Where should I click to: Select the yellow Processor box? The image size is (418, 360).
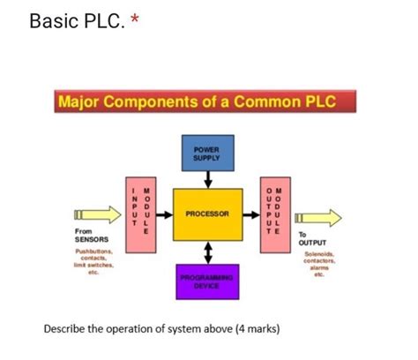click(208, 214)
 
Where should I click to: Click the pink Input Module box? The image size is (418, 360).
click(139, 214)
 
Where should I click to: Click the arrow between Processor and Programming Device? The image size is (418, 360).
click(208, 251)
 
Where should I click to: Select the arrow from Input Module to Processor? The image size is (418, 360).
click(164, 214)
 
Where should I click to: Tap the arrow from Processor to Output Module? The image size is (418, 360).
click(251, 214)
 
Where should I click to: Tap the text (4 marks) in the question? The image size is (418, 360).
click(257, 330)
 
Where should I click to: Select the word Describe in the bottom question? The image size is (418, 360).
click(65, 330)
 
